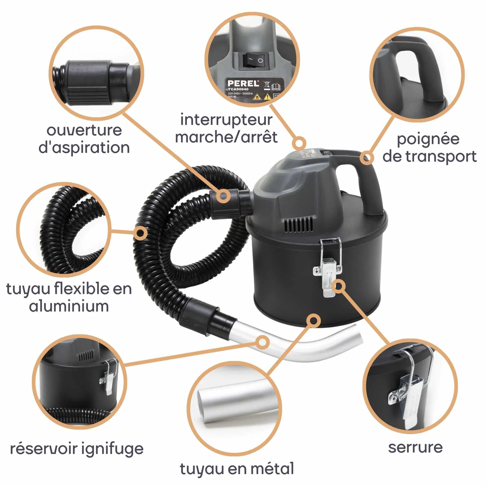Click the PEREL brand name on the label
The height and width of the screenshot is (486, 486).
[243, 83]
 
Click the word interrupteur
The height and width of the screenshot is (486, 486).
[226, 120]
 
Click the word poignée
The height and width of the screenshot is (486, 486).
[428, 139]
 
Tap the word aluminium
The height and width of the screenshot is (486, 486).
[69, 306]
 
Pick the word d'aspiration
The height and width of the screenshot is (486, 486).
[84, 148]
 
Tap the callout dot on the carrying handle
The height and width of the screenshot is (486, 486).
[367, 158]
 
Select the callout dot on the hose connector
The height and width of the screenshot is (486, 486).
[223, 196]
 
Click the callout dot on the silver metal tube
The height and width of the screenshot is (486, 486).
[262, 342]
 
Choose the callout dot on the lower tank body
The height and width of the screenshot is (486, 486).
[313, 321]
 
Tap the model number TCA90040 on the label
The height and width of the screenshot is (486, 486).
[238, 89]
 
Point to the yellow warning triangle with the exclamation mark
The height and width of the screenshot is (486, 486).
[267, 97]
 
